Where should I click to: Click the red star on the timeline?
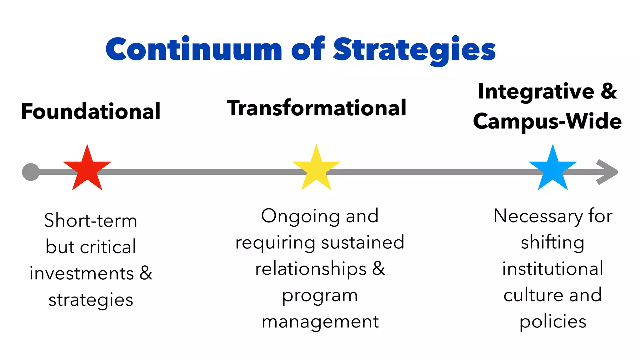click(x=87, y=170)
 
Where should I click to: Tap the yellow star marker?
click(x=316, y=170)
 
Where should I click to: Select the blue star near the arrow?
click(x=552, y=170)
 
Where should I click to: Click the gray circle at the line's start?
click(x=31, y=172)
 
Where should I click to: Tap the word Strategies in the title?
click(x=414, y=50)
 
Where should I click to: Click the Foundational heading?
click(x=91, y=111)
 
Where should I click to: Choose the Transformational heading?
click(x=317, y=108)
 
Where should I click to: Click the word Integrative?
click(x=536, y=92)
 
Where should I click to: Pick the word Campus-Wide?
click(x=547, y=121)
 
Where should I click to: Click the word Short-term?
click(x=91, y=220)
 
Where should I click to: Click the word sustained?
click(x=363, y=242)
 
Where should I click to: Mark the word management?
click(x=320, y=322)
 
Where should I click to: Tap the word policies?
click(x=552, y=322)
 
